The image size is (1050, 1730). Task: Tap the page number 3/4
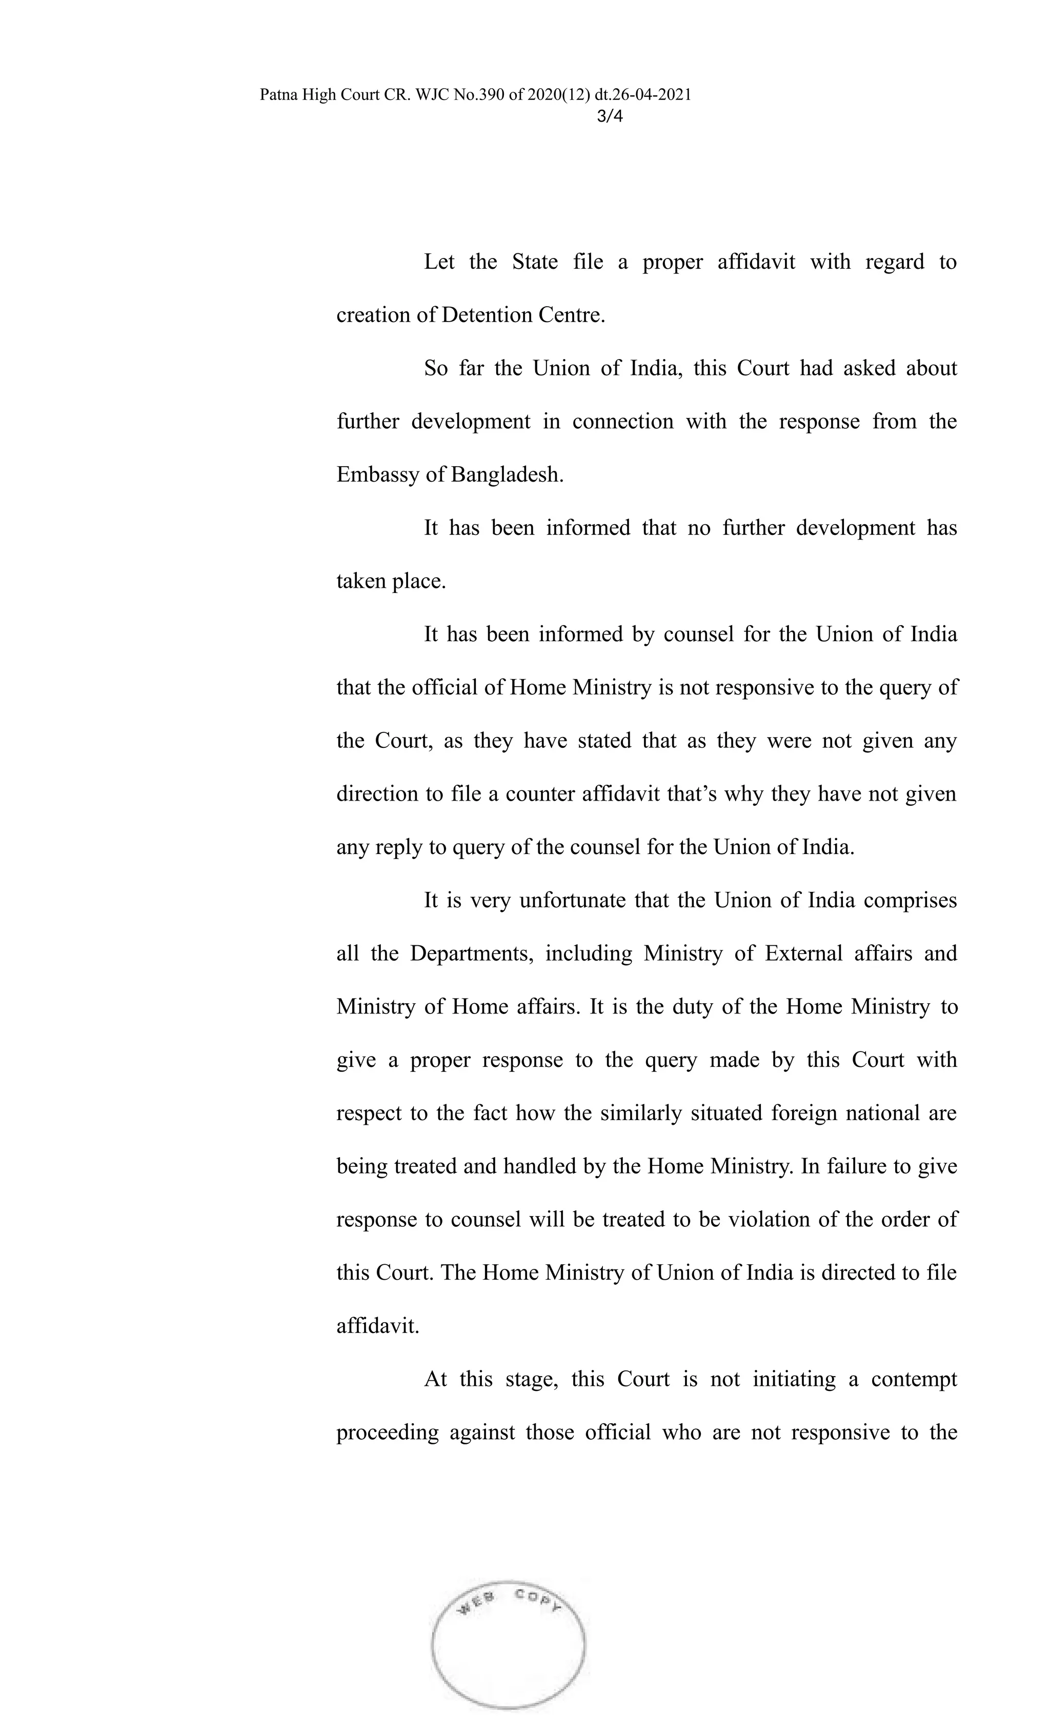[x=609, y=116]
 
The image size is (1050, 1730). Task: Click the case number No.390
[x=479, y=95]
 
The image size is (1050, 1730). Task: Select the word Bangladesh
[x=507, y=474]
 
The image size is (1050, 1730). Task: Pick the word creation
[x=373, y=315]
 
